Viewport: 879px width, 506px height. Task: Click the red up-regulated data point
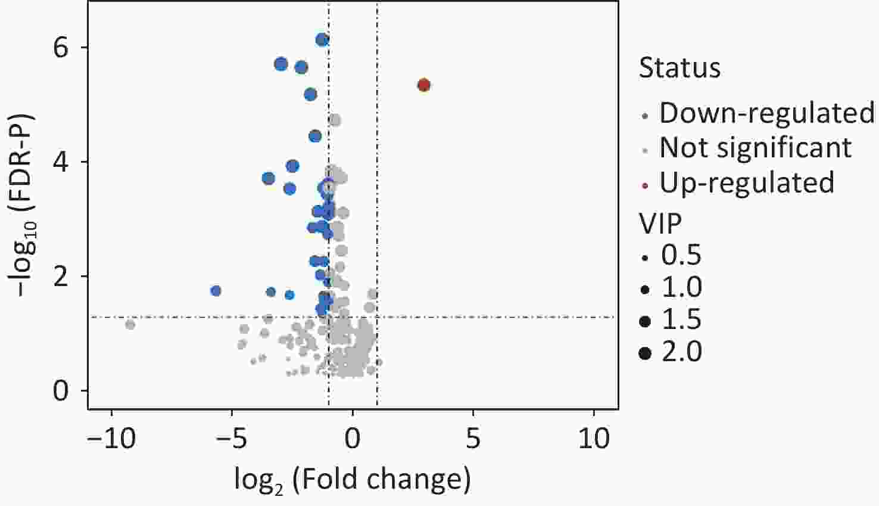pos(423,85)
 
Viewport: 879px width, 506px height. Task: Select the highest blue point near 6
pos(322,40)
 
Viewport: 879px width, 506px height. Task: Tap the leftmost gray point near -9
pos(130,324)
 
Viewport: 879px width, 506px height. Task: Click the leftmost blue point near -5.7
pos(216,291)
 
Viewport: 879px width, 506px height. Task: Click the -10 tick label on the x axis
pos(111,439)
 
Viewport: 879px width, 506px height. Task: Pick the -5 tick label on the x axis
pos(232,439)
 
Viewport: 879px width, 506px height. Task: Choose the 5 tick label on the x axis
pos(473,439)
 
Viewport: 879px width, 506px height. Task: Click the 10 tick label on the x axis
pos(594,439)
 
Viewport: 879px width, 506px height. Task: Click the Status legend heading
pos(679,67)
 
